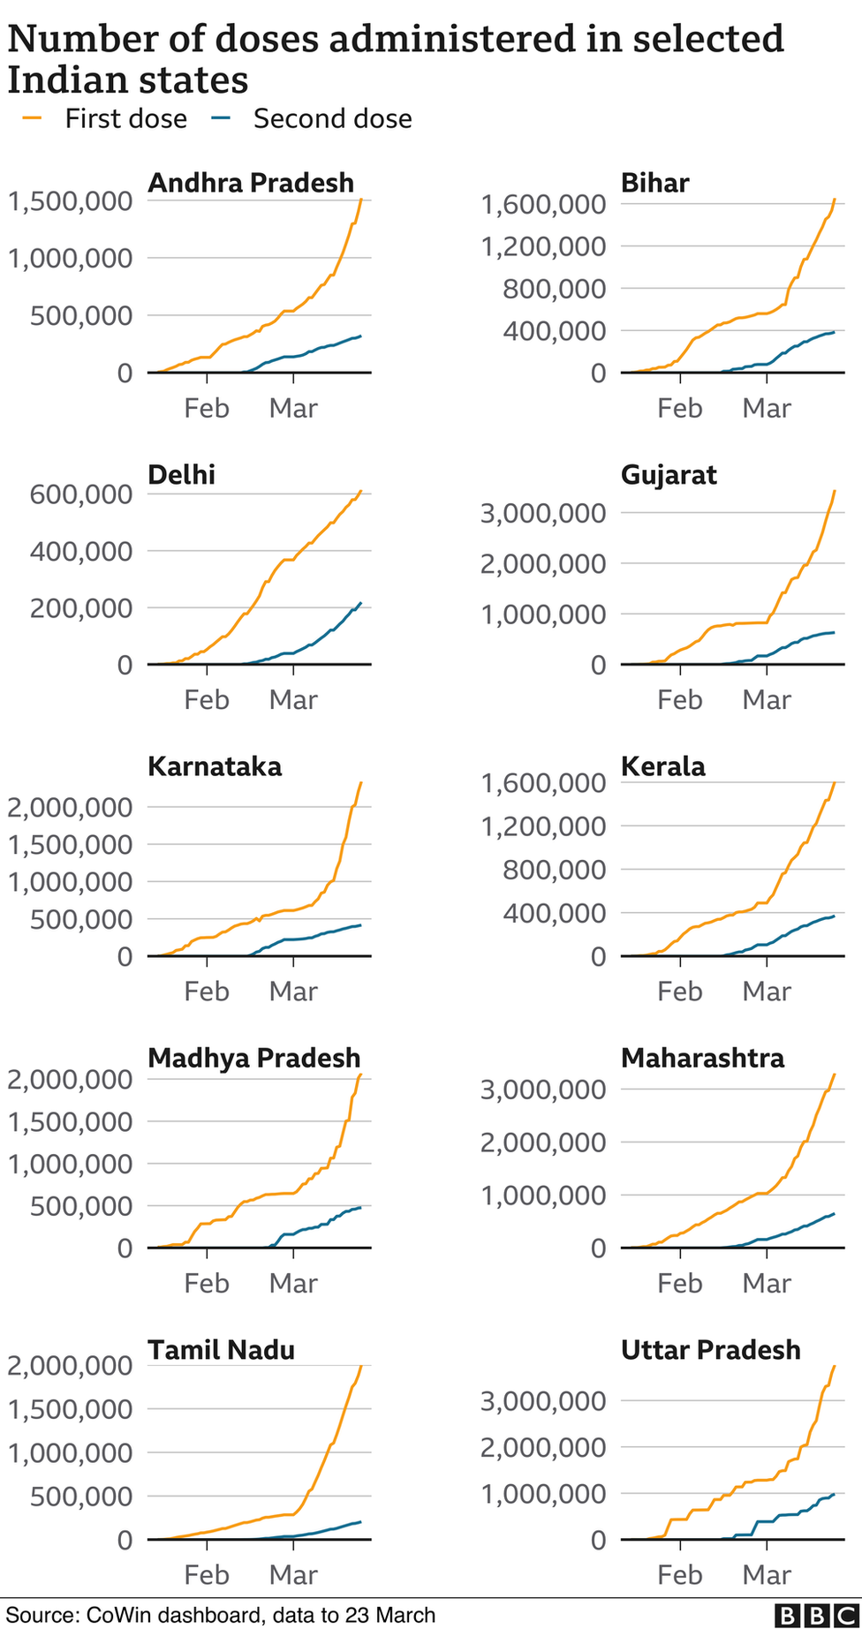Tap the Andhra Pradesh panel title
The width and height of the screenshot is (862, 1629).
[x=251, y=183]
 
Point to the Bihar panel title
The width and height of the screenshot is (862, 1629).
[x=654, y=183]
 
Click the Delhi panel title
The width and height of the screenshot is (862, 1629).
[x=181, y=475]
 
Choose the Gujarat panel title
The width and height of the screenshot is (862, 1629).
[x=669, y=475]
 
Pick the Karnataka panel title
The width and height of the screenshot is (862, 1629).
[x=215, y=766]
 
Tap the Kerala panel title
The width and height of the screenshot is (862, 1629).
[x=662, y=766]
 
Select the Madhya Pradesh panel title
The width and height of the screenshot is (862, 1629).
[x=253, y=1058]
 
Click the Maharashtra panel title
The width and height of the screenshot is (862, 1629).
[x=702, y=1058]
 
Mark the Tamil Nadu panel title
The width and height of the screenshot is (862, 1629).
[x=221, y=1350]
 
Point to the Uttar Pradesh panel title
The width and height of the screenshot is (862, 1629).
[x=710, y=1350]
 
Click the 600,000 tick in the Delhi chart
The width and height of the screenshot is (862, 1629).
[x=81, y=494]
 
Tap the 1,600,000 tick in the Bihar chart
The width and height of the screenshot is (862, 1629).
[x=543, y=205]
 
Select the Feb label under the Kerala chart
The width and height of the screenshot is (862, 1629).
[x=679, y=992]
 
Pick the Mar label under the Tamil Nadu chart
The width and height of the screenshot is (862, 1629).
[x=293, y=1575]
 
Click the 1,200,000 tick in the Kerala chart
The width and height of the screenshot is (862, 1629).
[x=543, y=826]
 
